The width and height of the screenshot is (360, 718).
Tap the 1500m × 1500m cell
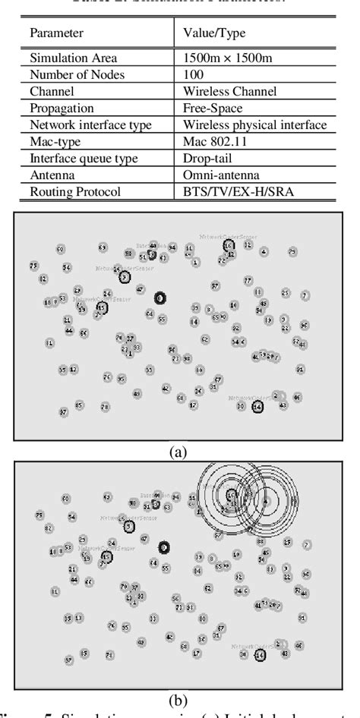[225, 58]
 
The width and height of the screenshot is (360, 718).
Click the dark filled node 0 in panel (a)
[160, 298]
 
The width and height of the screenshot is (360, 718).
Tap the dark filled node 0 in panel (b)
[164, 547]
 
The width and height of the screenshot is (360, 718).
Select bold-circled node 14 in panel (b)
[261, 654]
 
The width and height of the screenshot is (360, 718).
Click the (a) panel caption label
[178, 453]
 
